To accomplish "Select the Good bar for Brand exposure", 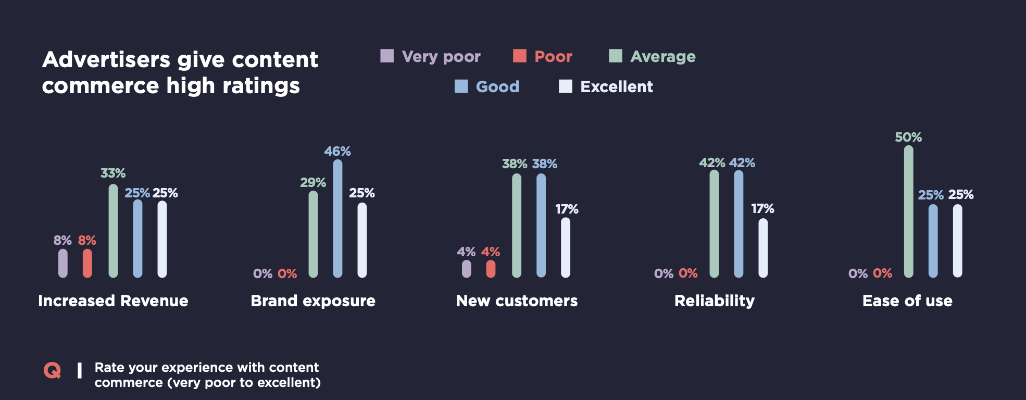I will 337,218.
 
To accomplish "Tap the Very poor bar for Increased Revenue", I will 63,263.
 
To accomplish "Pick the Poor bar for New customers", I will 491,268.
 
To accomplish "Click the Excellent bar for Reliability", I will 763,247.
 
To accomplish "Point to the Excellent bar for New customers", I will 566,247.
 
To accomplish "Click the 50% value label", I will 908,137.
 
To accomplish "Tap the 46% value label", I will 337,152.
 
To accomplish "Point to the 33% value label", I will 113,173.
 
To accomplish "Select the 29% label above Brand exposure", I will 313,183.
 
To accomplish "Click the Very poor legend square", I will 387,56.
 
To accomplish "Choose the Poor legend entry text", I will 553,56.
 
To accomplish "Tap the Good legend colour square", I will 461,86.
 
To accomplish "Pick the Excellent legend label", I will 617,86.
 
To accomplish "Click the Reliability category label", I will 714,301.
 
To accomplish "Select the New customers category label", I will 517,301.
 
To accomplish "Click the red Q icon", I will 52,371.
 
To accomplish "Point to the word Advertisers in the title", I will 106,60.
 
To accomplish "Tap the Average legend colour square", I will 616,56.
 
